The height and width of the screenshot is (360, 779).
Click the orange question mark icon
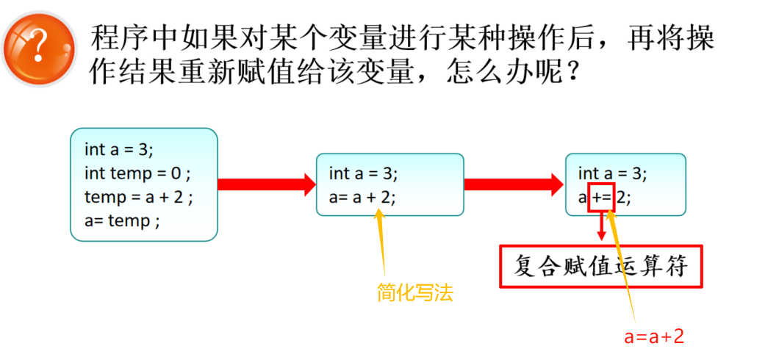[x=40, y=47]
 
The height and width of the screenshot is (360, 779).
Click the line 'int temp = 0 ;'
[x=137, y=173]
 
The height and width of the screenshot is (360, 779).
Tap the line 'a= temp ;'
[x=121, y=220]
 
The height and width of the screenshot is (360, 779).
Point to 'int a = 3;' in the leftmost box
[x=119, y=150]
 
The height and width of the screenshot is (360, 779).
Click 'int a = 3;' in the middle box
[x=363, y=173]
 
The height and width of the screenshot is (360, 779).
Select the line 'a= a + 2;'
[x=362, y=197]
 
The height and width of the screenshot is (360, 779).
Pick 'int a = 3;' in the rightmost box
[x=612, y=173]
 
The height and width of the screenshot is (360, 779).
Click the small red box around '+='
[x=601, y=198]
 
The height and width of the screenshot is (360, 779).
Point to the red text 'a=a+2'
[x=654, y=336]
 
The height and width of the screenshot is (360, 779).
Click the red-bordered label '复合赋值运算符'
[x=601, y=266]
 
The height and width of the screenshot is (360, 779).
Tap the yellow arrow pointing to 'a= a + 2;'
[x=381, y=242]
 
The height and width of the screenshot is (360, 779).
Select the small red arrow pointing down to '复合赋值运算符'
[x=602, y=228]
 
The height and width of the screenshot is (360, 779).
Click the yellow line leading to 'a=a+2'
[x=623, y=272]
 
